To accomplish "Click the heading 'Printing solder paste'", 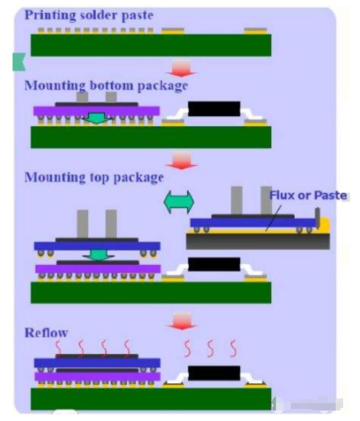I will point(89,14).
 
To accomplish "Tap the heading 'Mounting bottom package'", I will point(106,85).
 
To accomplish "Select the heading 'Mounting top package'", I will point(94,177).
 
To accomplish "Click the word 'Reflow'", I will point(46,332).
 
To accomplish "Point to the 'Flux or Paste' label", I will point(308,195).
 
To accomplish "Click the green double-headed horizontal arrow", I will point(179,202).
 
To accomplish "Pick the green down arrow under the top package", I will point(97,254).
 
